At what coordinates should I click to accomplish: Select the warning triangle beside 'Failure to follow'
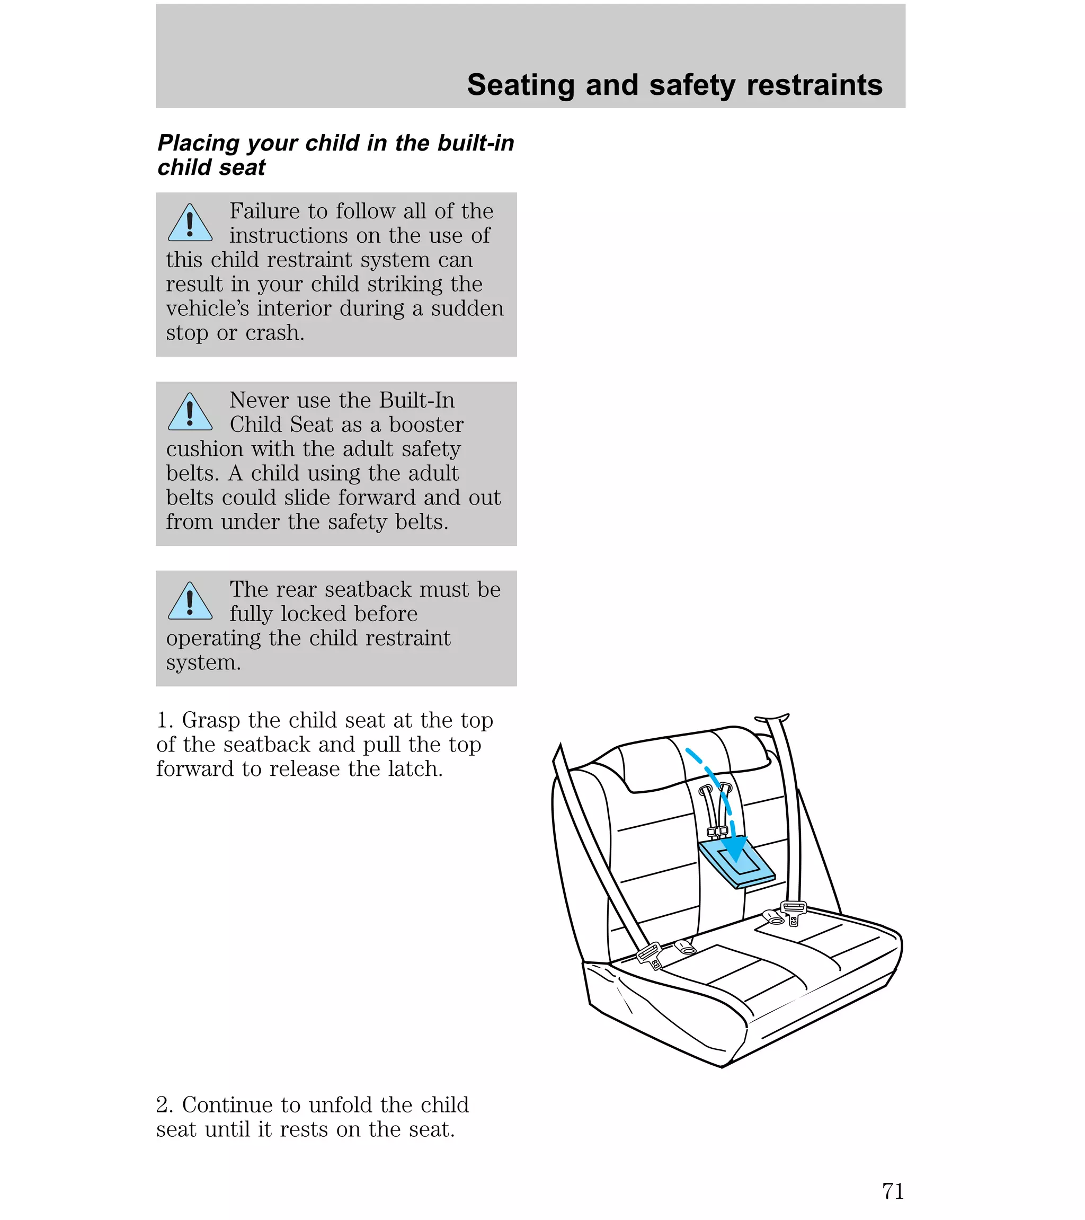coord(190,224)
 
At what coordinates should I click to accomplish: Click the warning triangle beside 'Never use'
coord(190,413)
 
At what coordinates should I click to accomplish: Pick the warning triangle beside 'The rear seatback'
coord(190,602)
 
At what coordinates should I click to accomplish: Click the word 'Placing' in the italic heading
coord(198,144)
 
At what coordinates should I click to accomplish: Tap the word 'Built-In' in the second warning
coord(416,400)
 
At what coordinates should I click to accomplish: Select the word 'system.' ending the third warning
coord(203,662)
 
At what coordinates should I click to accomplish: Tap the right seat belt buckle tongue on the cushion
coord(793,912)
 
